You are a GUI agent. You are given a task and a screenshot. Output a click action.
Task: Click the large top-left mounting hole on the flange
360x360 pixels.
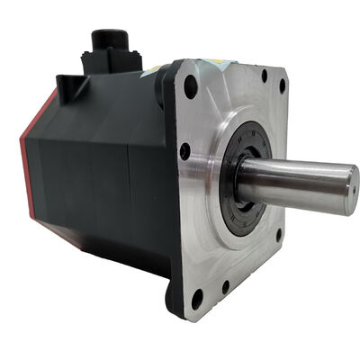191,88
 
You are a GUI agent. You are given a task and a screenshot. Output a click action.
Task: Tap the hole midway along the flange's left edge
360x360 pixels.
185,152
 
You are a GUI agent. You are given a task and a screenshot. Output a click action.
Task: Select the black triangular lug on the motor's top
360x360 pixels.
67,84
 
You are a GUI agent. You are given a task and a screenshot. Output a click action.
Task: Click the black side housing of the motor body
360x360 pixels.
99,171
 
